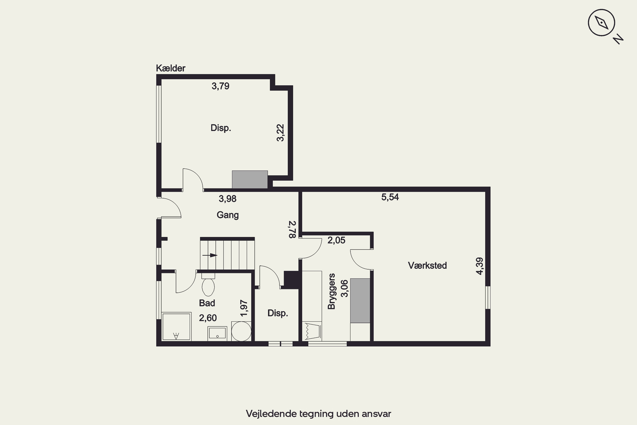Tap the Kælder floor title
click(171, 68)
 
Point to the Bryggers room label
click(331, 291)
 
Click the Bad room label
click(207, 303)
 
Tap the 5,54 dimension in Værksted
click(390, 197)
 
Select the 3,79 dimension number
click(220, 86)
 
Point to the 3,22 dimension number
click(280, 133)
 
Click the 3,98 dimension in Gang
click(227, 199)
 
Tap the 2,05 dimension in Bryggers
click(336, 240)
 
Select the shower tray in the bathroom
click(176, 326)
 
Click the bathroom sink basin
click(217, 333)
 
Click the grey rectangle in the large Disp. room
click(250, 179)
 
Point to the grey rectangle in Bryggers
click(360, 301)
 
